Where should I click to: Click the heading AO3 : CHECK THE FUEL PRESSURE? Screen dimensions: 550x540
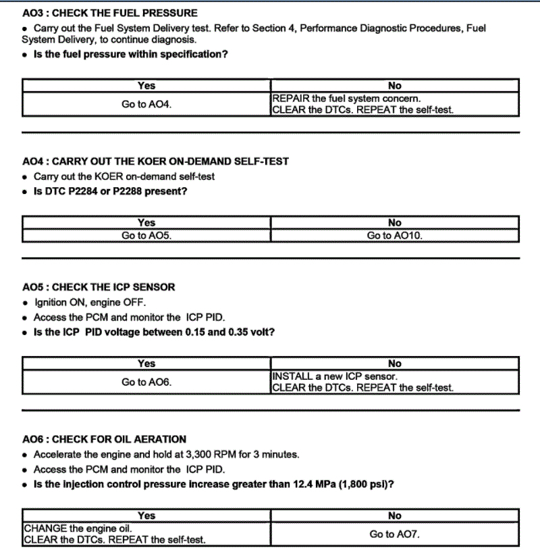110,13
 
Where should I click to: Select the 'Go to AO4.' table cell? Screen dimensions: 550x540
146,105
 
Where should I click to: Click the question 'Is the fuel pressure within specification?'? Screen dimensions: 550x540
130,54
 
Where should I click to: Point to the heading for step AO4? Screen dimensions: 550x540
155,161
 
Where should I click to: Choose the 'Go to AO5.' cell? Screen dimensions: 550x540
146,236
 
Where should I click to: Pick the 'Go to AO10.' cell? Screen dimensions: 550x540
395,236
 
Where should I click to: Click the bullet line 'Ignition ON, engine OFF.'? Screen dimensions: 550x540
90,302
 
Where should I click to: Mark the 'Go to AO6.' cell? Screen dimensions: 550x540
146,382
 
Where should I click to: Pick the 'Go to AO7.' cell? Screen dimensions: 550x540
395,534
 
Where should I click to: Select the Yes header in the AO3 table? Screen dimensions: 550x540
146,86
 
